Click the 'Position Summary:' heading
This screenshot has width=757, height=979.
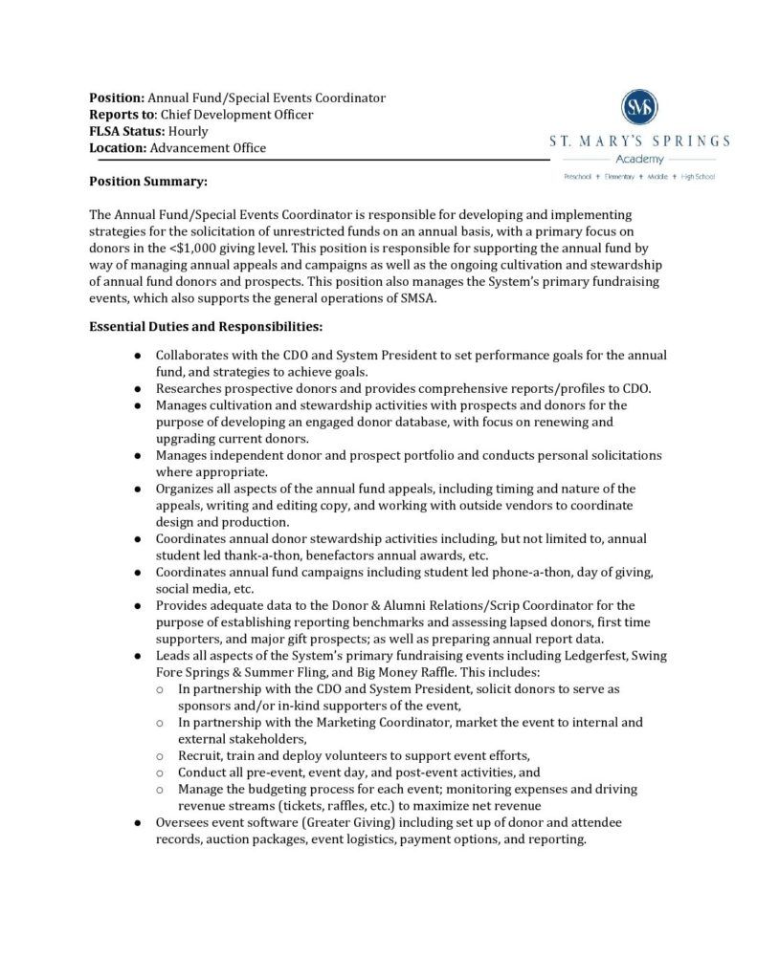[148, 181]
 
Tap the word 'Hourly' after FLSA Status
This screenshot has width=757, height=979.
[189, 131]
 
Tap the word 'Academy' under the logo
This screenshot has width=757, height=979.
[638, 159]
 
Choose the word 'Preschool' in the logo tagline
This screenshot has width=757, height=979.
[578, 177]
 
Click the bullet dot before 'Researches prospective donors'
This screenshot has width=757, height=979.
[138, 388]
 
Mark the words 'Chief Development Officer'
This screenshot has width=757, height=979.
[236, 115]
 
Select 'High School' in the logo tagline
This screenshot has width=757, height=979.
[699, 177]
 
